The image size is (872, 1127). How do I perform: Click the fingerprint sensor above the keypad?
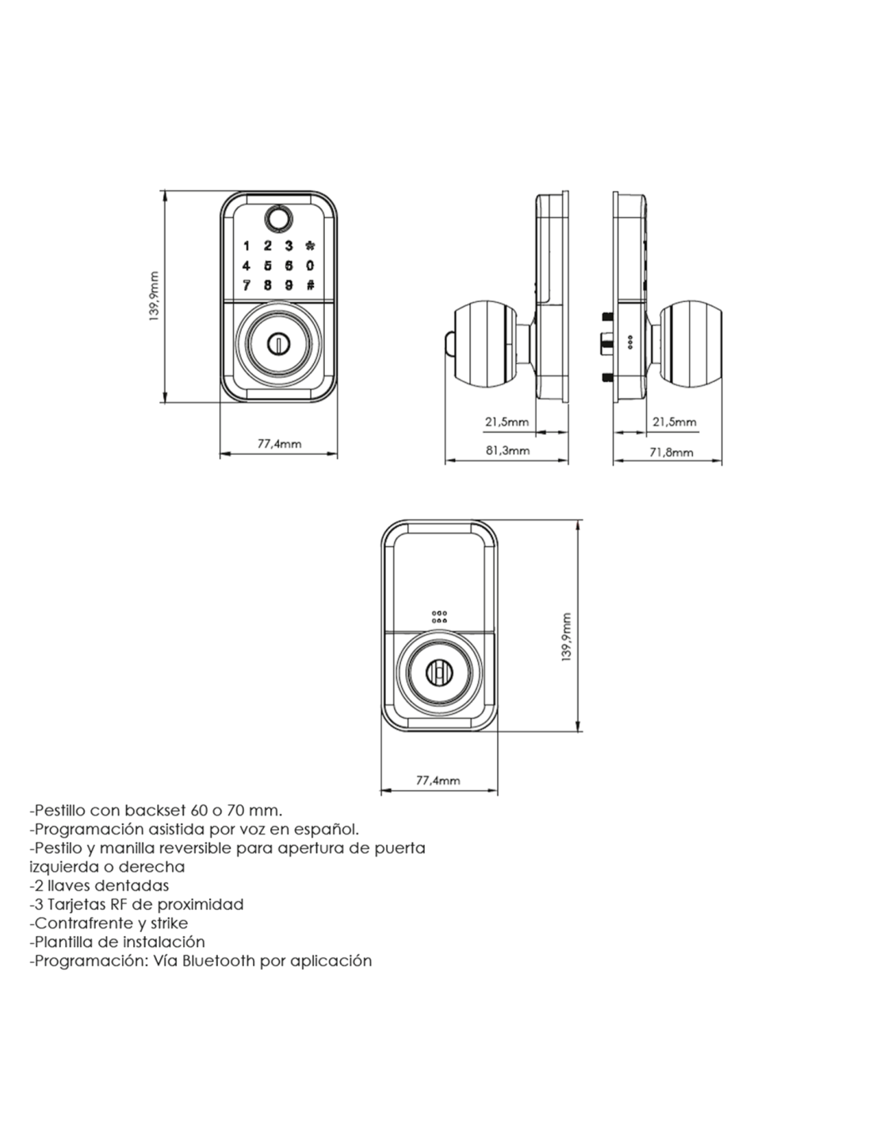pos(277,218)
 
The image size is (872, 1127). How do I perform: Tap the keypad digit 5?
pos(268,266)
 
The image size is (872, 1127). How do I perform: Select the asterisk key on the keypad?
pos(310,246)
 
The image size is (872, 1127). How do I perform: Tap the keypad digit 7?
pos(247,285)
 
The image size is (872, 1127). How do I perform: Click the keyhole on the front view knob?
pos(278,343)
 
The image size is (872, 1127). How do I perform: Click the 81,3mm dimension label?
pos(507,450)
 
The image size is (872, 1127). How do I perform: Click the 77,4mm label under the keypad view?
pos(279,444)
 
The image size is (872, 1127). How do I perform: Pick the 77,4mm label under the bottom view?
pos(438,781)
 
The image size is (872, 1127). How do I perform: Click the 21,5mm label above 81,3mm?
pos(507,422)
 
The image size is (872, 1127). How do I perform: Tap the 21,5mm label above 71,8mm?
pos(675,422)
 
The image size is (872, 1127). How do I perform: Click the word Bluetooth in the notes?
pos(219,961)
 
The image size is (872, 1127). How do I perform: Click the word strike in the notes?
pos(169,923)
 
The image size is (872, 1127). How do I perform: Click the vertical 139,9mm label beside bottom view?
pos(566,637)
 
